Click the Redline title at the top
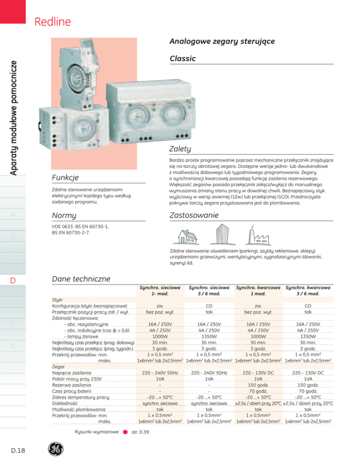tap(52, 22)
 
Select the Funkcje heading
tap(66, 177)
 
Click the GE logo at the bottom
tap(56, 449)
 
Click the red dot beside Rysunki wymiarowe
tap(126, 432)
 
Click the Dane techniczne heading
tap(80, 278)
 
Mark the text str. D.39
tap(140, 432)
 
